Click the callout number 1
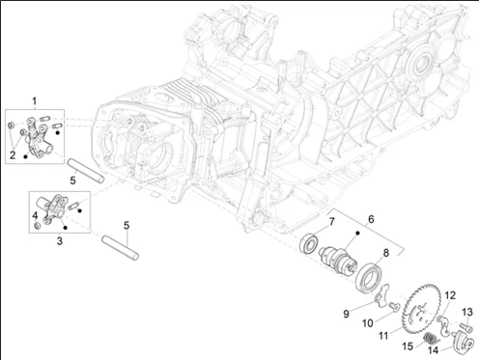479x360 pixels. point(35,101)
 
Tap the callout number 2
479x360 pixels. point(13,155)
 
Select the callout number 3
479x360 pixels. point(60,241)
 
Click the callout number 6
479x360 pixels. point(371,219)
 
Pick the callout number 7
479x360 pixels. point(331,222)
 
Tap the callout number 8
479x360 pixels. point(385,253)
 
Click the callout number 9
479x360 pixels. point(347,314)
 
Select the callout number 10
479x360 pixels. point(368,323)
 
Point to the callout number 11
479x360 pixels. point(383,336)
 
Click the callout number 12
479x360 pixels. point(450,295)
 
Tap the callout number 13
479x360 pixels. point(467,312)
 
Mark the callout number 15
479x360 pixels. point(408,346)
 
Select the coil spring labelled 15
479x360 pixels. point(429,340)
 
